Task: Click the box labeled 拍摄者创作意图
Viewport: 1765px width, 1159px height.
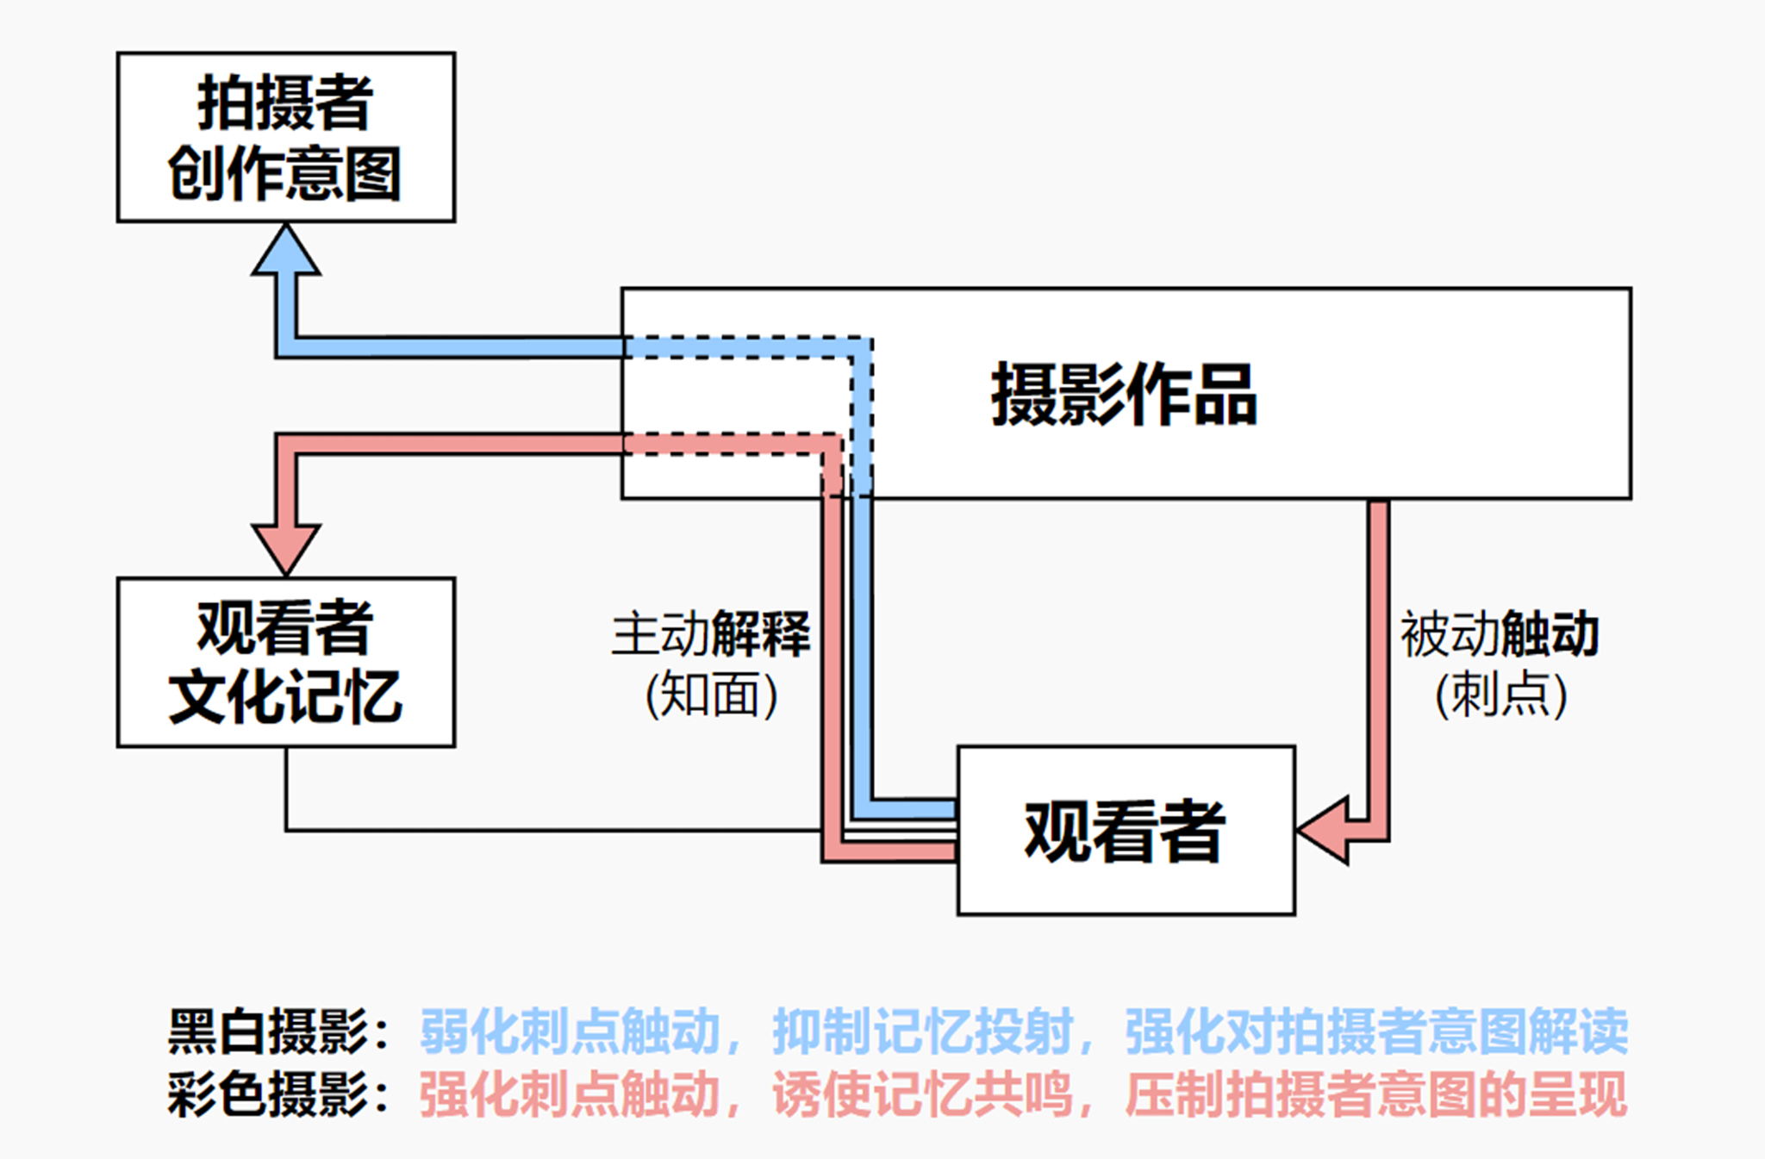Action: click(x=285, y=137)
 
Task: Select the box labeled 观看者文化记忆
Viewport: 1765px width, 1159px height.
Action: click(x=285, y=662)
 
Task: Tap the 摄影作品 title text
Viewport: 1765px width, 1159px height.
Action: click(x=1124, y=395)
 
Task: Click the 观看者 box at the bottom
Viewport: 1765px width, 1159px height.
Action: click(x=1126, y=830)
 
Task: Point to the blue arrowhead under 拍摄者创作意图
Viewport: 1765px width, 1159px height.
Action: click(x=286, y=252)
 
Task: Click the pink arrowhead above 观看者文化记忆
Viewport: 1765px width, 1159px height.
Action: click(x=286, y=546)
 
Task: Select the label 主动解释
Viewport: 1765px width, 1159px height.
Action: click(x=711, y=634)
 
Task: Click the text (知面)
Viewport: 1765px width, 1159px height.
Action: click(x=711, y=695)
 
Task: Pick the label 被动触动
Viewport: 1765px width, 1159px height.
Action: click(x=1500, y=634)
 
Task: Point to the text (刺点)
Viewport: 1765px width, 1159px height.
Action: click(x=1500, y=695)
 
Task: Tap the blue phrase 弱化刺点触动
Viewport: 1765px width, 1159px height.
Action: click(x=570, y=1031)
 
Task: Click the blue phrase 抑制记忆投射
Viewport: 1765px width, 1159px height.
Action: click(x=922, y=1031)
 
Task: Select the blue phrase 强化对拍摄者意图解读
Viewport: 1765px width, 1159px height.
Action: click(x=1376, y=1031)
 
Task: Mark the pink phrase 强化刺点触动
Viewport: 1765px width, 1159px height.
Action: click(x=570, y=1094)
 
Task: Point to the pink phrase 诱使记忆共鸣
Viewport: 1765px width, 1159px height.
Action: click(x=922, y=1094)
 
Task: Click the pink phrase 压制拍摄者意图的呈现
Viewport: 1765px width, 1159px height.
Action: click(x=1376, y=1094)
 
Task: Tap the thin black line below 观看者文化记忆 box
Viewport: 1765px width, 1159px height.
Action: click(x=552, y=830)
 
